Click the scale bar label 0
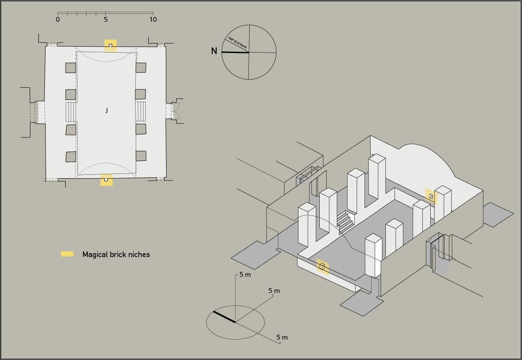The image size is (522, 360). click(x=58, y=20)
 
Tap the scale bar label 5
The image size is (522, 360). click(x=106, y=20)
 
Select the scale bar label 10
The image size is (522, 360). click(x=153, y=20)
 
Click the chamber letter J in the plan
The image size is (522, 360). click(x=107, y=111)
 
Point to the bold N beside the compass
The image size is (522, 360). click(x=214, y=51)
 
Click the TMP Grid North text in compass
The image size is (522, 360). click(x=237, y=42)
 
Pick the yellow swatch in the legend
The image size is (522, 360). click(x=67, y=254)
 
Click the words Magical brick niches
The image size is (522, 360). click(x=116, y=255)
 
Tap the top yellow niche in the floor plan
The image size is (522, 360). click(x=110, y=45)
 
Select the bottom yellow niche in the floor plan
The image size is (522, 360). click(x=106, y=180)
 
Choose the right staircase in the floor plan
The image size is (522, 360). click(x=140, y=111)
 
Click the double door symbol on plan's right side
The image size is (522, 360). click(x=176, y=111)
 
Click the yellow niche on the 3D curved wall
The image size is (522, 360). click(x=431, y=196)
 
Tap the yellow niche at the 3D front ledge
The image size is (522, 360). click(x=322, y=267)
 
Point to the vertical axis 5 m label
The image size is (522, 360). click(x=245, y=275)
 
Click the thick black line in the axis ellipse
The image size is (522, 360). click(x=224, y=317)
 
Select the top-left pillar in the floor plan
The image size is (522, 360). click(x=70, y=68)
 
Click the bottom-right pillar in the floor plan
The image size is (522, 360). click(x=141, y=156)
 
